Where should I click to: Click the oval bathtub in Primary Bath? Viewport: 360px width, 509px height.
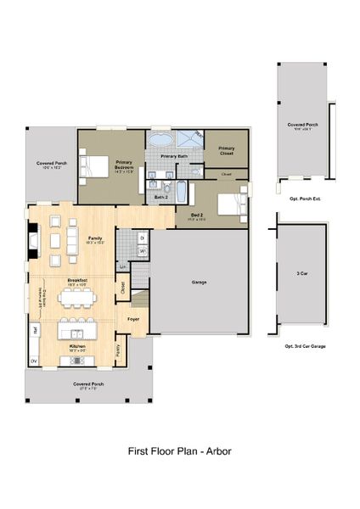[x=161, y=139]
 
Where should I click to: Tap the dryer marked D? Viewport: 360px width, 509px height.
[x=142, y=239]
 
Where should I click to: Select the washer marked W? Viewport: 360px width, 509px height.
[x=142, y=252]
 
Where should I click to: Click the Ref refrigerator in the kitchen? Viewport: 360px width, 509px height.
[x=35, y=328]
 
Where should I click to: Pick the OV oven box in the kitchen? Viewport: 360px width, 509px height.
[x=35, y=361]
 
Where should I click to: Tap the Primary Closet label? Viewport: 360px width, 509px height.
[x=226, y=150]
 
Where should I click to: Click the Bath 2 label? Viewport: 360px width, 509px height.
[x=161, y=197]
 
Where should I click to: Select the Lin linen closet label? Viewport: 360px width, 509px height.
[x=123, y=267]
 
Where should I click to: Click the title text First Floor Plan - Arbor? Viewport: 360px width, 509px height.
[x=179, y=451]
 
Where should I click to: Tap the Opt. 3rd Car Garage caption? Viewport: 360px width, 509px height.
[x=305, y=346]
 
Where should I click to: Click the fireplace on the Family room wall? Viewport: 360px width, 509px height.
[x=32, y=240]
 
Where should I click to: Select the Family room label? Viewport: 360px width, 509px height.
[x=95, y=239]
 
